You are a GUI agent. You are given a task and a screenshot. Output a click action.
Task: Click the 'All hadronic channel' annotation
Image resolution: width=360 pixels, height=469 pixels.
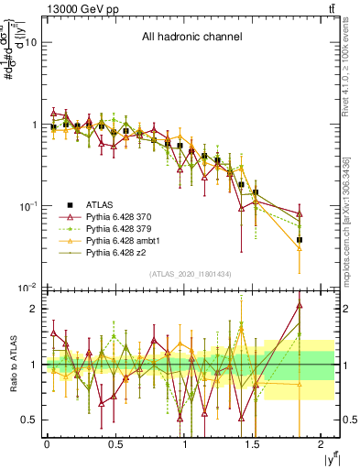pyautogui.click(x=191, y=38)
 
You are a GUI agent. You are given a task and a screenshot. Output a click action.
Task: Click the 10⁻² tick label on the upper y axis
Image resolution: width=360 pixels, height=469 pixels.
pyautogui.click(x=27, y=289)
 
